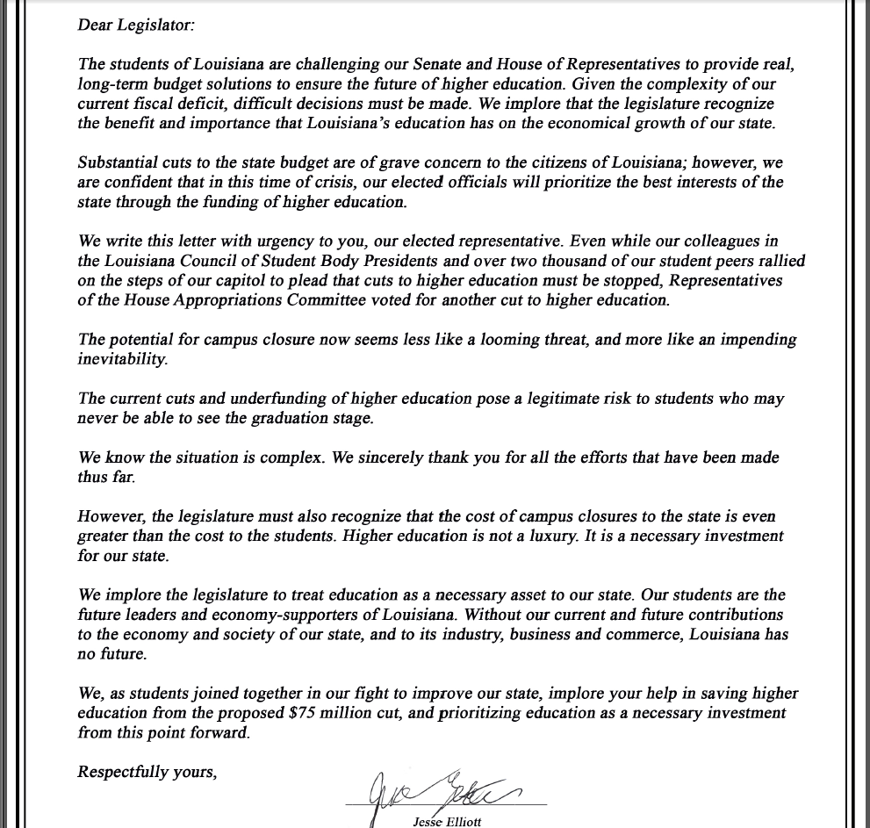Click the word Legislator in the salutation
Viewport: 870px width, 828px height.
click(158, 25)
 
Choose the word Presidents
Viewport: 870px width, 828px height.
click(398, 261)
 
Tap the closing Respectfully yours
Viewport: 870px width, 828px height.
click(147, 772)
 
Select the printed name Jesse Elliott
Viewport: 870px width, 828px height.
click(447, 822)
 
